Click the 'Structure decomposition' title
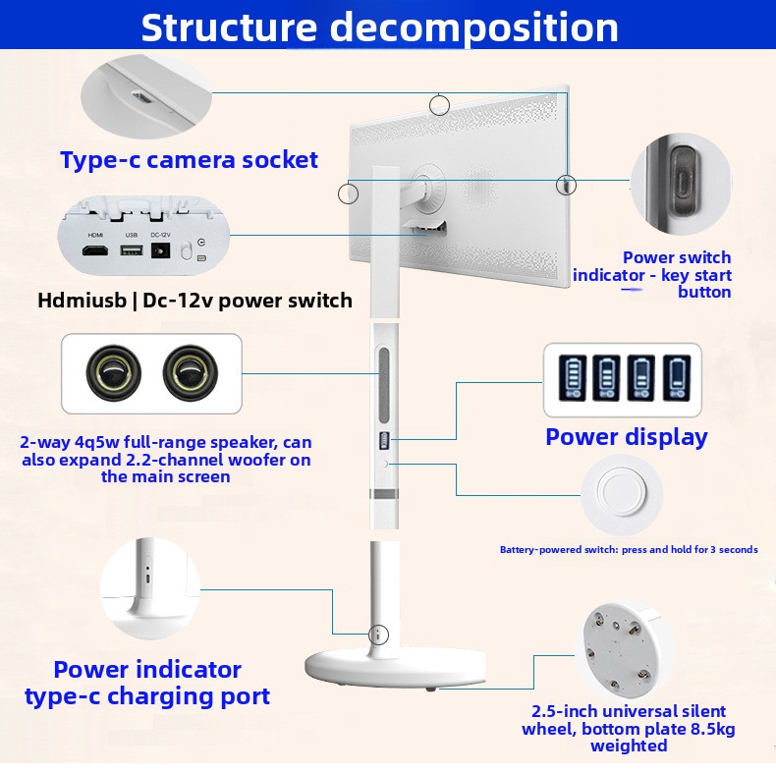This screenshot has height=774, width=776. (379, 28)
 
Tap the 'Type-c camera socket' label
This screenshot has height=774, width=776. (189, 160)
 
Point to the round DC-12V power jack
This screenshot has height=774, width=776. (161, 252)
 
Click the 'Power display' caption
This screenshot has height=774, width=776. (626, 437)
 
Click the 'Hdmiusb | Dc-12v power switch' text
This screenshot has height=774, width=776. (194, 301)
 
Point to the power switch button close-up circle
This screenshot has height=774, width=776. (680, 184)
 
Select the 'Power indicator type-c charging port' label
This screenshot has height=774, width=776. (147, 684)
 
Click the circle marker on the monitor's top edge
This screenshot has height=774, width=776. (439, 104)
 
